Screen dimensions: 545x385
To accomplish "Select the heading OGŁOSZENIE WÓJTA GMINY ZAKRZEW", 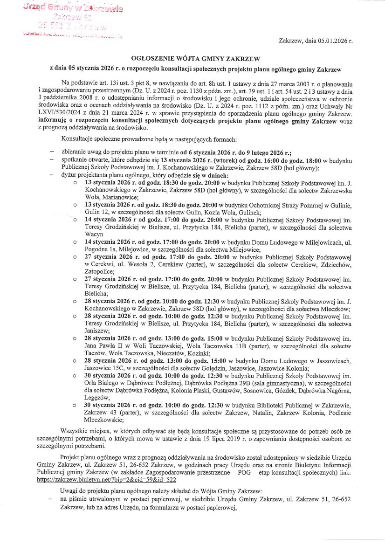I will (x=195, y=59).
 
